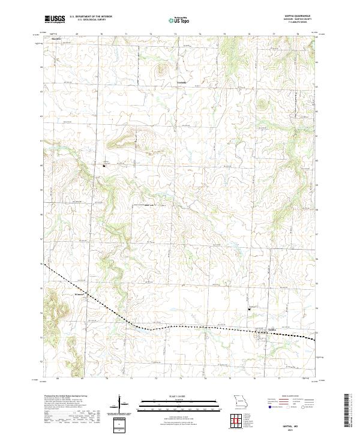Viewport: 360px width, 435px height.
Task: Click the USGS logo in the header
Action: (x=55, y=20)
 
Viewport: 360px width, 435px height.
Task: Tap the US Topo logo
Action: (x=179, y=20)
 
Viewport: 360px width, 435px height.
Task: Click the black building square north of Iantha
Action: (x=249, y=309)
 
